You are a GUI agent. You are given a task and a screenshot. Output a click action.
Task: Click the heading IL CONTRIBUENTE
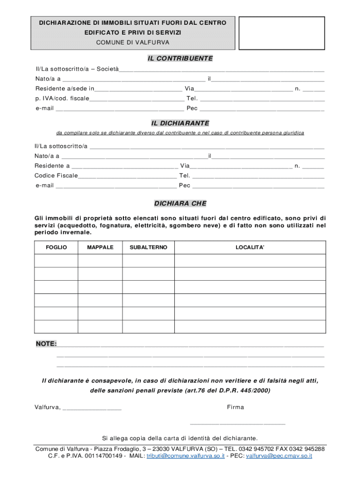pyautogui.click(x=180, y=58)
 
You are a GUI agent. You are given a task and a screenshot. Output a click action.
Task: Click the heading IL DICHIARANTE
pyautogui.click(x=180, y=123)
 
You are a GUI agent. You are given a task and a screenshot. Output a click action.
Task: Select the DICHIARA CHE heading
pyautogui.click(x=180, y=203)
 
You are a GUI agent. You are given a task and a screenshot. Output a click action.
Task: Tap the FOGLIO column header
pyautogui.click(x=56, y=247)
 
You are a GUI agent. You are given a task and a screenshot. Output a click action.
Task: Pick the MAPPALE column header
pyautogui.click(x=100, y=247)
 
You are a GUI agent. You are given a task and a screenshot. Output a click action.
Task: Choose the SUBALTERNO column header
pyautogui.click(x=148, y=247)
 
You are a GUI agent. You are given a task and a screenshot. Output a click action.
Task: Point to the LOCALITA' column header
pyautogui.click(x=250, y=247)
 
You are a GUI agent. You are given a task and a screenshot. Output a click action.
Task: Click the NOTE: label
pyautogui.click(x=46, y=344)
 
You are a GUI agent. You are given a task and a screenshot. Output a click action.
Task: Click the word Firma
pyautogui.click(x=236, y=407)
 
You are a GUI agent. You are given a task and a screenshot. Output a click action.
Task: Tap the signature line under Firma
pyautogui.click(x=237, y=423)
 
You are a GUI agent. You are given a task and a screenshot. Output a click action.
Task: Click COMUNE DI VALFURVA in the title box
pyautogui.click(x=133, y=43)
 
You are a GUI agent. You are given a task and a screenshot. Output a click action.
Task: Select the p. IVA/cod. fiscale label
pyautogui.click(x=62, y=98)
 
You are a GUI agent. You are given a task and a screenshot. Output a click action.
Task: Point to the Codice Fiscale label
pyautogui.click(x=56, y=175)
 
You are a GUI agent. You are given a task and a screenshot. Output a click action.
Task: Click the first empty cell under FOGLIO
pyautogui.click(x=56, y=261)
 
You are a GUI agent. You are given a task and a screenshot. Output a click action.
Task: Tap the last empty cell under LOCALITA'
pyautogui.click(x=250, y=327)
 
